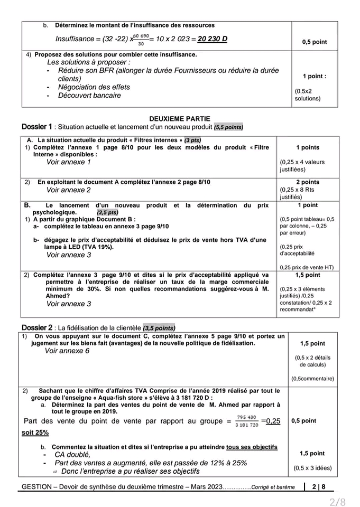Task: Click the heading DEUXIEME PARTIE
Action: point(179,119)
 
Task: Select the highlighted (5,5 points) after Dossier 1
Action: point(228,127)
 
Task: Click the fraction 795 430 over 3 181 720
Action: point(247,421)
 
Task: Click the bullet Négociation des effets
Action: point(94,87)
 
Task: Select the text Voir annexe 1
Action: point(68,162)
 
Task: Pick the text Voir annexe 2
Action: point(68,190)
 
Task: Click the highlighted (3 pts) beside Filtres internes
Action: point(192,140)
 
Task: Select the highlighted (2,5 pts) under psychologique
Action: point(107,212)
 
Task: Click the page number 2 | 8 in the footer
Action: point(319,486)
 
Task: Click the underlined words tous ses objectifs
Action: point(252,447)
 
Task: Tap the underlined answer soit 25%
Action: point(35,432)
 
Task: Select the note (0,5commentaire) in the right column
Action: point(312,378)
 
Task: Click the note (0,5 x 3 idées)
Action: point(312,468)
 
